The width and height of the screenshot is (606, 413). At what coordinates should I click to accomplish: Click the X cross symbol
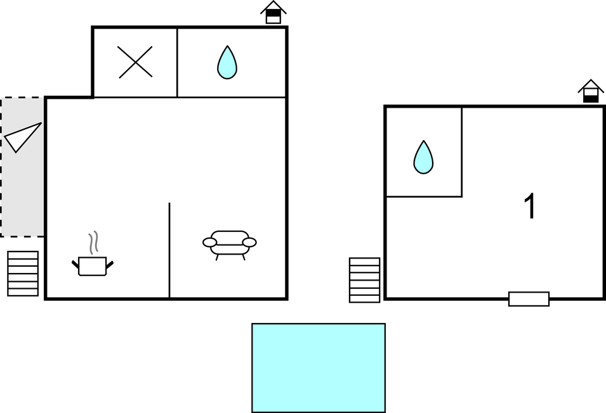[x=135, y=62]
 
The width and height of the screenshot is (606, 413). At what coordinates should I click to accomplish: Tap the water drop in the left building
[x=227, y=63]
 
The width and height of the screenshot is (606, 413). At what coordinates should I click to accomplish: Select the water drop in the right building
[x=423, y=157]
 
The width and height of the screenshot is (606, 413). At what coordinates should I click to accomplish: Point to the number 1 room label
[x=530, y=206]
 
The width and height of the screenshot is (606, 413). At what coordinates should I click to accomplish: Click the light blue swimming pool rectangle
[x=319, y=368]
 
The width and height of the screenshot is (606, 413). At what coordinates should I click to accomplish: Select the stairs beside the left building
[x=23, y=274]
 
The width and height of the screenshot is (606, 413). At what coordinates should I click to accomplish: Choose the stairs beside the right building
[x=364, y=280]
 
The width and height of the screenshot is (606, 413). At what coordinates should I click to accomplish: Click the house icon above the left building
[x=273, y=12]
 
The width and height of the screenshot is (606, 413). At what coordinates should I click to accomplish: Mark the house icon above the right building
[x=591, y=91]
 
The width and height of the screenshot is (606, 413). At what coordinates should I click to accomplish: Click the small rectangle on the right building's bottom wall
[x=529, y=299]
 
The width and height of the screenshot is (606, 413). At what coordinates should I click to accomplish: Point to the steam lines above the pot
[x=93, y=243]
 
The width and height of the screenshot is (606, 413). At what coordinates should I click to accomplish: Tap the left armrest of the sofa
[x=209, y=243]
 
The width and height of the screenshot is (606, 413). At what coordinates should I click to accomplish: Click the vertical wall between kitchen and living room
[x=169, y=250]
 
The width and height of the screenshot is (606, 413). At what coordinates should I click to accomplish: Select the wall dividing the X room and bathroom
[x=177, y=63]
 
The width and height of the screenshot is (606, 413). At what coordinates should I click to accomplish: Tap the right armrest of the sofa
[x=249, y=243]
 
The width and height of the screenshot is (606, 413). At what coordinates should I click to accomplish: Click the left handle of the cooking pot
[x=76, y=265]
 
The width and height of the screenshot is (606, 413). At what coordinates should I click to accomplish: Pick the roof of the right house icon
[x=591, y=85]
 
